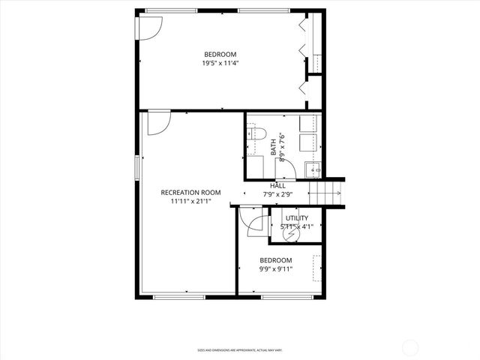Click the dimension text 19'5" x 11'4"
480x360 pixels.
coord(220,63)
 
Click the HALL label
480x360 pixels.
coord(277,185)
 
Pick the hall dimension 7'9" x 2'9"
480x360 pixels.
coord(277,194)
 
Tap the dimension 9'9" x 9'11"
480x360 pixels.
coord(276,268)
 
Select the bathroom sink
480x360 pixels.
coord(313,169)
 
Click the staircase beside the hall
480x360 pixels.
coord(327,193)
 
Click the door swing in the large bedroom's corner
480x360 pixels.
coord(148,28)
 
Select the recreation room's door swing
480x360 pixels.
coord(158,123)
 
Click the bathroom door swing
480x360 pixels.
coord(286,169)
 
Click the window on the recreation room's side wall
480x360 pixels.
coord(136,167)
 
